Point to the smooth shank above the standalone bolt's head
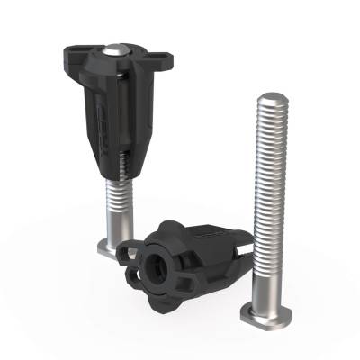point(265,292)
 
